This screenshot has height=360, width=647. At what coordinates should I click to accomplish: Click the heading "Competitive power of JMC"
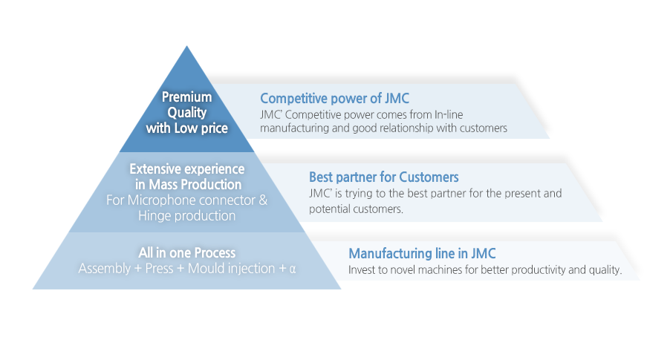point(334,99)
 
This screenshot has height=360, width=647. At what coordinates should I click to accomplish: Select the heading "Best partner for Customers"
point(384,177)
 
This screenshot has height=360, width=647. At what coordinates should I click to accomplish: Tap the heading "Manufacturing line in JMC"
point(422,253)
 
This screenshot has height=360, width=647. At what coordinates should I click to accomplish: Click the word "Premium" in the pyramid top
point(187,97)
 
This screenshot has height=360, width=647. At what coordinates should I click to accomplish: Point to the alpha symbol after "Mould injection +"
point(293,269)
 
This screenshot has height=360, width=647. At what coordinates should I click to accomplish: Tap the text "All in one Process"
point(187,253)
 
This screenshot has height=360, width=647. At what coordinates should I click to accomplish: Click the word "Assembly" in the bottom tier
point(105,269)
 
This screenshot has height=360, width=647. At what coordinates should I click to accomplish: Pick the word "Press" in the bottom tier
point(159,269)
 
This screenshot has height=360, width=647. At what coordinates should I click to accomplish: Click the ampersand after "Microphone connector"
point(263,200)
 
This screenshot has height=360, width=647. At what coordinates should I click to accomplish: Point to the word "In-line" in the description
point(448,114)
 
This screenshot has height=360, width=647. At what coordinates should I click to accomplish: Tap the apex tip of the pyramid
point(187,46)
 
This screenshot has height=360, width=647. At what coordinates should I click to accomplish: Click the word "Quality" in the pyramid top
point(187,113)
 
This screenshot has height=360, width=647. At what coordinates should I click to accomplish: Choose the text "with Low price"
point(187,128)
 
